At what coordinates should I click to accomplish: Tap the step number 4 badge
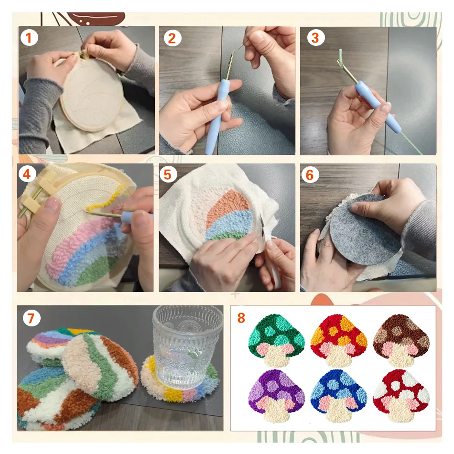[x=27, y=175]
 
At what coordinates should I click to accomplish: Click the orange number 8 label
[x=241, y=318]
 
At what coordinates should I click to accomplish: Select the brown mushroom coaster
[x=400, y=340]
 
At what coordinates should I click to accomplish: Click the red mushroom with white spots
[x=400, y=394]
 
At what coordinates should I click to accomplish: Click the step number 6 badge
[x=310, y=175]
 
